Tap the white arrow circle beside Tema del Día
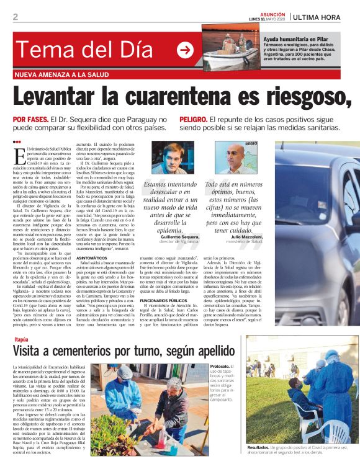click(184, 50)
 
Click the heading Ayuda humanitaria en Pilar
click(293, 37)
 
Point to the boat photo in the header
click(232, 47)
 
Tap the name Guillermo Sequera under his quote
click(179, 237)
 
